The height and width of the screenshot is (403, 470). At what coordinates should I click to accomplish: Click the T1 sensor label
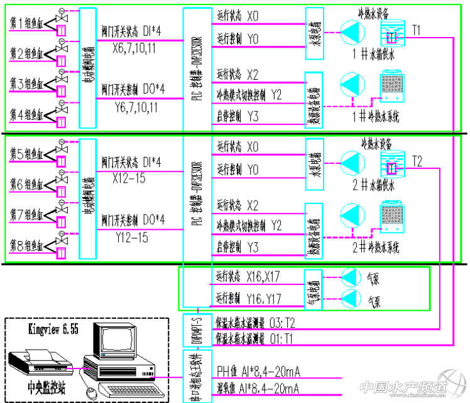coord(417,30)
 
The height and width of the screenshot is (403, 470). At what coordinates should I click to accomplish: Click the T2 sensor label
coord(417,162)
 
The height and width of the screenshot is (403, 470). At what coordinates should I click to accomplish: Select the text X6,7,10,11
coord(134,48)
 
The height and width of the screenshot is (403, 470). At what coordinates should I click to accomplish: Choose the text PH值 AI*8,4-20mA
coord(257,370)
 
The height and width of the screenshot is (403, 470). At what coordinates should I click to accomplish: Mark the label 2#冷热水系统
coord(376,246)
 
